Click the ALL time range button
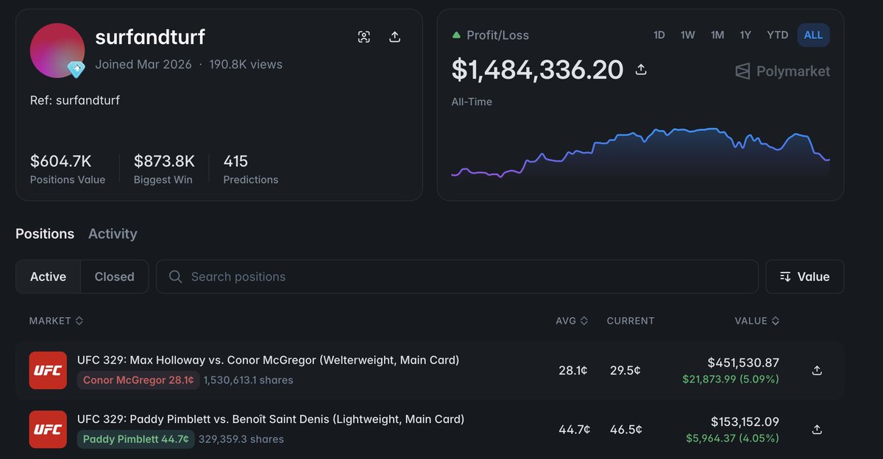click(813, 35)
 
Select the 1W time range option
click(687, 35)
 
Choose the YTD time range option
click(777, 35)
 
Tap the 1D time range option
click(659, 35)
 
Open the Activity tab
click(113, 234)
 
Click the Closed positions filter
click(114, 277)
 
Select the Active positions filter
click(48, 277)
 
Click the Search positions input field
click(457, 277)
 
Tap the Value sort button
click(804, 277)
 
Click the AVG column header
click(572, 321)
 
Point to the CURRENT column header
click(631, 321)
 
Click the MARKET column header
click(56, 321)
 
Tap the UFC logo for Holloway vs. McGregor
click(48, 370)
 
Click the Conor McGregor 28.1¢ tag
click(138, 380)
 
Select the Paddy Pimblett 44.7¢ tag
click(136, 439)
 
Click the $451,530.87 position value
click(743, 363)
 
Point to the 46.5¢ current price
click(626, 430)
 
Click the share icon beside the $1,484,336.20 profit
click(641, 70)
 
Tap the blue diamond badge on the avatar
click(76, 69)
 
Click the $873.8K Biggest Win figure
click(164, 161)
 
